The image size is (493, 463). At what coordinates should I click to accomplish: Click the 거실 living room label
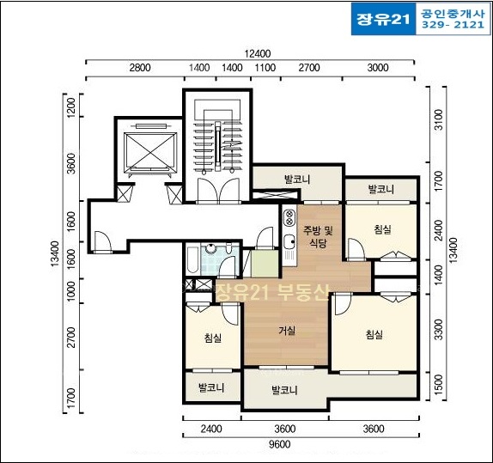pos(287,330)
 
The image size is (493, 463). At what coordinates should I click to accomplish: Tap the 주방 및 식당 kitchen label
pos(318,236)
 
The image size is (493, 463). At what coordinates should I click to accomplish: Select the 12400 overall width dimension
pos(258,54)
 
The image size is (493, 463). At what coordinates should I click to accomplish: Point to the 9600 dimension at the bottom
pos(280,444)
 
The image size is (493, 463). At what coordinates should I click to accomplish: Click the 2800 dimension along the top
pos(140,68)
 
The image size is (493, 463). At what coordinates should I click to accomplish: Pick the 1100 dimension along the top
pos(265,68)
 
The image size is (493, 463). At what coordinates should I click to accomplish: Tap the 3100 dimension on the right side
pos(438,119)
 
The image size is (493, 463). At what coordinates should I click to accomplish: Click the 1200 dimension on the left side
pos(71,108)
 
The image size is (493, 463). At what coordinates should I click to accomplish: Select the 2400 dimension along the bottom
pos(211,429)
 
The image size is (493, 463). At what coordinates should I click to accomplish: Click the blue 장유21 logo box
pos(383,19)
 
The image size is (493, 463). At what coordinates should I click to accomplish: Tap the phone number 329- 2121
pos(453,25)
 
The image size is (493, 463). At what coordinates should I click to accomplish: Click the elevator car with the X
pos(150,153)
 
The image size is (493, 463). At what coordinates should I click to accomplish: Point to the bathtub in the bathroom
pos(192,259)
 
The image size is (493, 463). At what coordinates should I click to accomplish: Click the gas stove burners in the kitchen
pos(289,218)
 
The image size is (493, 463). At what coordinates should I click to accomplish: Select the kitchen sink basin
pos(289,242)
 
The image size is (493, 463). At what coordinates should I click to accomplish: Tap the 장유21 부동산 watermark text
pos(272,293)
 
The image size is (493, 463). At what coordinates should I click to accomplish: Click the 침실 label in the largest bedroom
pos(374,334)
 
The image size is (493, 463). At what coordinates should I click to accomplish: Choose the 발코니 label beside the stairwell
pos(297,180)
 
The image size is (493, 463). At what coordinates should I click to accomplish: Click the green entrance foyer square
pos(265,264)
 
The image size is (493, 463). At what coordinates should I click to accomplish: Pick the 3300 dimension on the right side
pos(438,329)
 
